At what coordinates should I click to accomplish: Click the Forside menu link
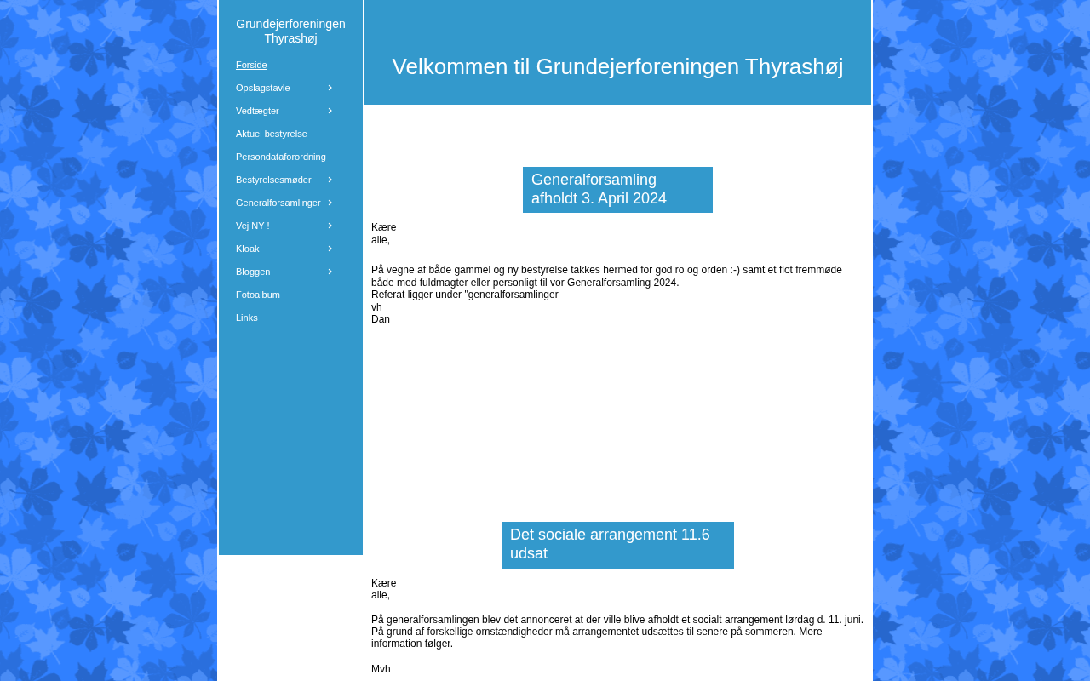(x=251, y=65)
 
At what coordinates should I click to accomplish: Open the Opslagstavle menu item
(x=262, y=88)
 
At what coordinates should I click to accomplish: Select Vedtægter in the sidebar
(x=257, y=111)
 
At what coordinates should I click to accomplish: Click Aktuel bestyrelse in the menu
(x=271, y=134)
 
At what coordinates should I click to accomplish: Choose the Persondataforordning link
(x=280, y=157)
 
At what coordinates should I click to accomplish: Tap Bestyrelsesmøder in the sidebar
(x=273, y=180)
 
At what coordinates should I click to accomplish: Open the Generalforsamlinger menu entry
(x=278, y=203)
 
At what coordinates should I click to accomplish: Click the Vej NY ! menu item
(x=252, y=226)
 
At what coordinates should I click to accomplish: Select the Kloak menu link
(x=247, y=249)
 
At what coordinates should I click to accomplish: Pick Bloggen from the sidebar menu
(x=253, y=272)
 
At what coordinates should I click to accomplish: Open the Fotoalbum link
(x=257, y=295)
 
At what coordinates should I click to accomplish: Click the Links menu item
(x=246, y=318)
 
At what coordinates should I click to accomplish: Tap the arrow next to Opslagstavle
(x=330, y=88)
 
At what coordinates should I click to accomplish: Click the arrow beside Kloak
(x=330, y=249)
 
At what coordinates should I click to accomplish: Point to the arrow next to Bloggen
(x=330, y=272)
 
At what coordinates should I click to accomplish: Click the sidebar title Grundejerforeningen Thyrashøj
(x=290, y=31)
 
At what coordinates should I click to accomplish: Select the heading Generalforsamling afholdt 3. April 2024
(x=599, y=189)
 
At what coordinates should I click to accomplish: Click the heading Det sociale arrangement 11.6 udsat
(x=610, y=544)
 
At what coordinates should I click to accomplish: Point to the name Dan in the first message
(x=381, y=319)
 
